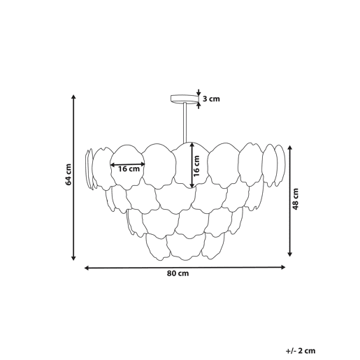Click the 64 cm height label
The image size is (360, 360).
[69, 175]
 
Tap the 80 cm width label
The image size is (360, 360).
[178, 273]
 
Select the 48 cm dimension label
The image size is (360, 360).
[296, 199]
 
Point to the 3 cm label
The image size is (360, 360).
[211, 99]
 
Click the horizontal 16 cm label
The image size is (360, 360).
[129, 168]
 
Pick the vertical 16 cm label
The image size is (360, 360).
[197, 166]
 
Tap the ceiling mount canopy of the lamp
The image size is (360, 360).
[185, 99]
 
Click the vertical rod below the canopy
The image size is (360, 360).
[185, 123]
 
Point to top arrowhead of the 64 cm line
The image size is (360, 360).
[73, 97]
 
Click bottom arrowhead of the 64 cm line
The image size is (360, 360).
[73, 258]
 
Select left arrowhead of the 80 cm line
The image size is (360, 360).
[87, 268]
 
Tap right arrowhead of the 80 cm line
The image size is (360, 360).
[283, 267]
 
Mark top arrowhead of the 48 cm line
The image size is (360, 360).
[289, 147]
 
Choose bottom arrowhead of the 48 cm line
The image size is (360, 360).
[289, 254]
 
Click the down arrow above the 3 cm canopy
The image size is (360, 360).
[199, 92]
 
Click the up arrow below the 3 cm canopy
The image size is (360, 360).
[199, 106]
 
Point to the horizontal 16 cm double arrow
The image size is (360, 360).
[127, 164]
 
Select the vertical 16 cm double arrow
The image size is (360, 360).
[192, 165]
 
